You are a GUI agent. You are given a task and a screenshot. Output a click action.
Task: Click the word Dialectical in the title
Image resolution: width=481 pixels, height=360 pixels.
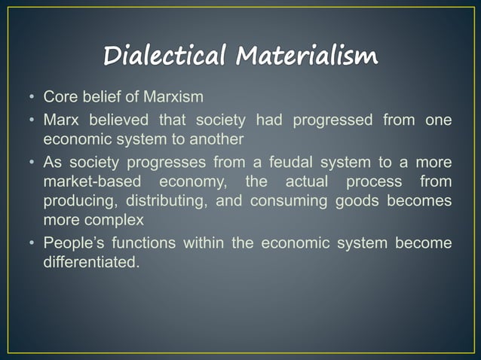tap(167, 56)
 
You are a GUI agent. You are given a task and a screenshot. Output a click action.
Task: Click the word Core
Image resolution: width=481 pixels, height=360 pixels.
tap(59, 98)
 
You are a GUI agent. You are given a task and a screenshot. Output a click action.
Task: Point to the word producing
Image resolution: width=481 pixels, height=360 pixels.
tap(74, 200)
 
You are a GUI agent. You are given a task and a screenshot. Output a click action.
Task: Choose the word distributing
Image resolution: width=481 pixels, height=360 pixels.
tap(161, 200)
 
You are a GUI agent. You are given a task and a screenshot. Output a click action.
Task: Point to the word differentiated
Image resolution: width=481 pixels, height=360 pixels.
tap(90, 260)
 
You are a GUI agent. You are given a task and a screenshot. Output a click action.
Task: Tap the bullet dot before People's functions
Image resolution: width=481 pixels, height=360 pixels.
tap(32, 243)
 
